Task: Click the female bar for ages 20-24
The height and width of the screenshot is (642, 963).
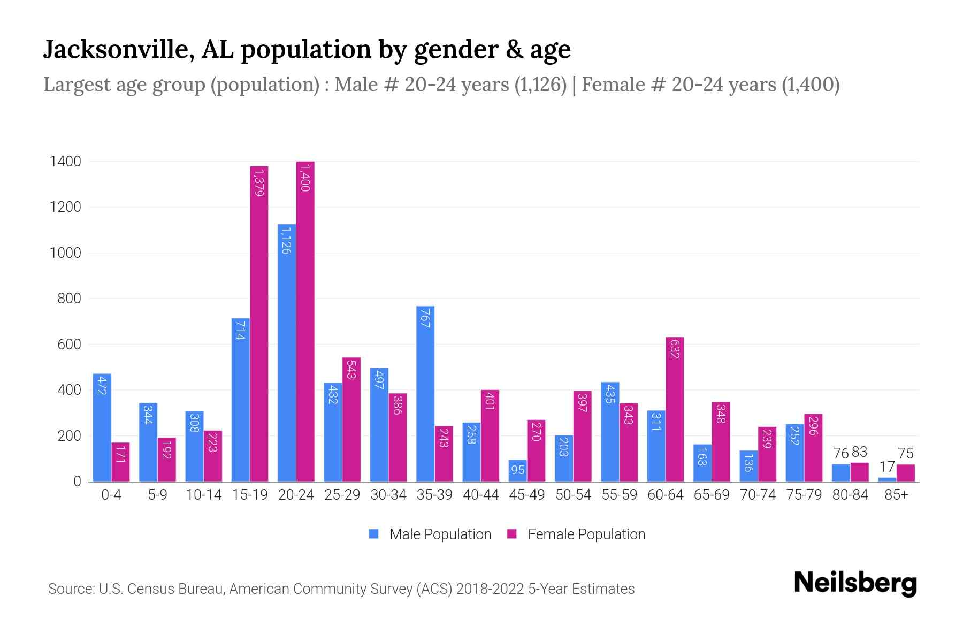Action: [x=305, y=321]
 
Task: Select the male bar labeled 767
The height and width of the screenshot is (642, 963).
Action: [x=425, y=393]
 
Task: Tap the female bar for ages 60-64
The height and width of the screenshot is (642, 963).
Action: [x=675, y=409]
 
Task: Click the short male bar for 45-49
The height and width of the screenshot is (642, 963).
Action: [x=517, y=471]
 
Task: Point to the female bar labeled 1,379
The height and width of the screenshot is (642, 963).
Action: [x=259, y=324]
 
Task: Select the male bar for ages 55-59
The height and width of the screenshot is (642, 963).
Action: [x=610, y=431]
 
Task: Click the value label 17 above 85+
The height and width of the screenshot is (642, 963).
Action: [x=886, y=467]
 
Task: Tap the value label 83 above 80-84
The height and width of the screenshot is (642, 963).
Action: [x=859, y=452]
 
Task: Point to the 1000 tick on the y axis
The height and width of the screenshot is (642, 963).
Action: [x=65, y=253]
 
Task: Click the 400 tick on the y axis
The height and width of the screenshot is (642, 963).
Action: [x=69, y=390]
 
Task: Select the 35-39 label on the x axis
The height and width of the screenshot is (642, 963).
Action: [x=434, y=495]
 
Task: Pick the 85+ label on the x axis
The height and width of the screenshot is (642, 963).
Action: [x=896, y=495]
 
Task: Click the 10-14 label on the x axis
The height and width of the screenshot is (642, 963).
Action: [x=203, y=495]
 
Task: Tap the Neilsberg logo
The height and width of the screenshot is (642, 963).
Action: [x=855, y=583]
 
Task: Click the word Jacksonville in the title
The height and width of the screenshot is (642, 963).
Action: [x=118, y=50]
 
